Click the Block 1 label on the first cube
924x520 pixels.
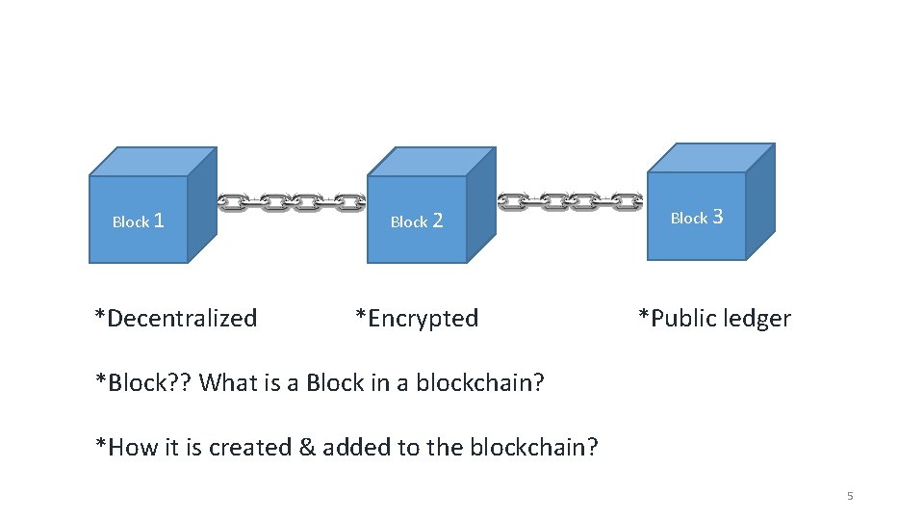point(139,221)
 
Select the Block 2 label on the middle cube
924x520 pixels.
point(417,221)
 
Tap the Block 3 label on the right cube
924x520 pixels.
point(696,218)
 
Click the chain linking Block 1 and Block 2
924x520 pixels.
point(291,203)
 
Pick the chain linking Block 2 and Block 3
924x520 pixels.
point(570,201)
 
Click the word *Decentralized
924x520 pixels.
point(176,318)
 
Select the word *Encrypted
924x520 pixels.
point(417,318)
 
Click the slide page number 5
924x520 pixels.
point(850,496)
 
